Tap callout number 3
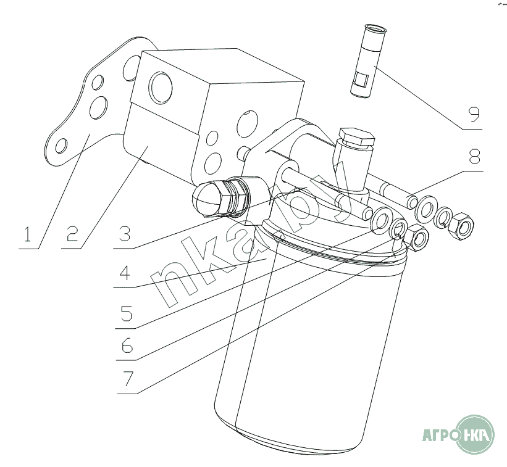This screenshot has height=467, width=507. [x=125, y=234]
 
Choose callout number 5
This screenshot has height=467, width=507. [x=127, y=313]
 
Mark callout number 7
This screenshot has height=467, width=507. [x=128, y=379]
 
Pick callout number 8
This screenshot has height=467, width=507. [x=474, y=156]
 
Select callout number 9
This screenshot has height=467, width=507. [x=474, y=115]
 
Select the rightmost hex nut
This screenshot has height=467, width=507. [x=462, y=225]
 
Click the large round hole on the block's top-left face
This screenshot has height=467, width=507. [x=161, y=86]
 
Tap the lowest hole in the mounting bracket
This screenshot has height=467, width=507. [x=61, y=146]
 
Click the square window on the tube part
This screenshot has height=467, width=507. [x=361, y=80]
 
